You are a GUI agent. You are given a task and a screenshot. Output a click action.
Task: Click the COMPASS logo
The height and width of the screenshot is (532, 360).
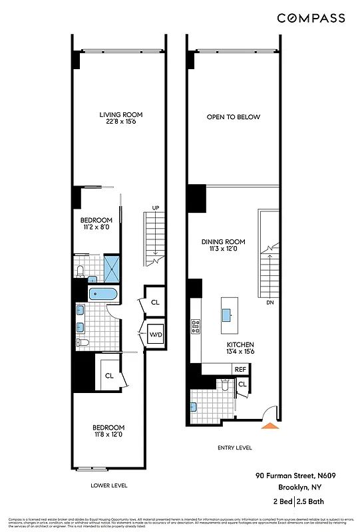[311, 18]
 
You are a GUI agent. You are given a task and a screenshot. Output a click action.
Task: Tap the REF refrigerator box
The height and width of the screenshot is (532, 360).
[240, 369]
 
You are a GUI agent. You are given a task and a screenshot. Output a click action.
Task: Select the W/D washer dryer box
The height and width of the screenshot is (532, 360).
[156, 334]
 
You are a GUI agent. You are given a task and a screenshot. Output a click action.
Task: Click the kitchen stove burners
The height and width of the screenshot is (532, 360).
[196, 327]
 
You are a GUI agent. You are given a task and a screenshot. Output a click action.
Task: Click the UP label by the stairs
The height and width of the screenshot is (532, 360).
[156, 208]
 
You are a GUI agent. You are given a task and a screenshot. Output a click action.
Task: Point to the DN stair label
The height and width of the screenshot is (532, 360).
[270, 303]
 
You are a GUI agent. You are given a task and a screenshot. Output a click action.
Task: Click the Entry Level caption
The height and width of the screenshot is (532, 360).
[235, 448]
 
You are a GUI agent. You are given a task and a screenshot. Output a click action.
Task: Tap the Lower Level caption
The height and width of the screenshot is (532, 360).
[108, 485]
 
